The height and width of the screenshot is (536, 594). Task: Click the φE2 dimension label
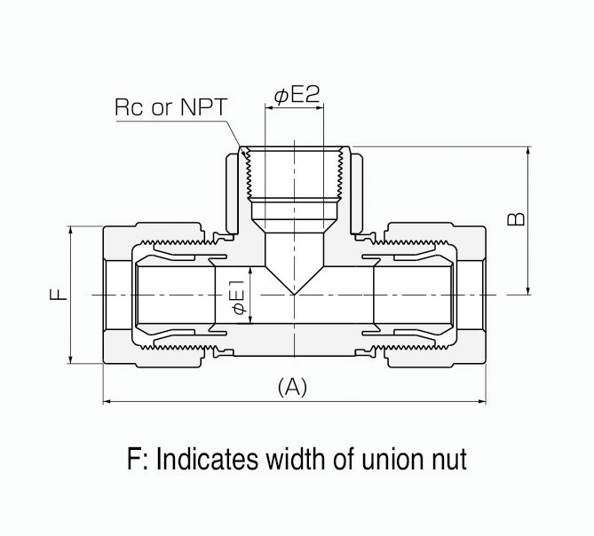pos(297,95)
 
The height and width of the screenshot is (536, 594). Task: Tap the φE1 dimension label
pos(239,297)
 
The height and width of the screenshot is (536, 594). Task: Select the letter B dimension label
pos(516,219)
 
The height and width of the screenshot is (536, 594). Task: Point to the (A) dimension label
pos(292,387)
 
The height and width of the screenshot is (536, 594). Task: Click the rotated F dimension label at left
pos(59,294)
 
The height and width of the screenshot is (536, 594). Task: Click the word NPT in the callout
pos(204,107)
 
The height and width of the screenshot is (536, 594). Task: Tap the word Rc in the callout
pos(129,107)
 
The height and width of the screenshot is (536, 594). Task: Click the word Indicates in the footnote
pos(207,459)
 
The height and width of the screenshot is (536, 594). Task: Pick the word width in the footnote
pos(296,459)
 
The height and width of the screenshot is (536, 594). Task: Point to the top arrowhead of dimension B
pos(528,149)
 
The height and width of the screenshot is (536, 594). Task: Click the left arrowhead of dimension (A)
pos(107,401)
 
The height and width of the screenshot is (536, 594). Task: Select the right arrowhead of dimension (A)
pos(482,401)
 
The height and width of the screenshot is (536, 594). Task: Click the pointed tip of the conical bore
pos(295,295)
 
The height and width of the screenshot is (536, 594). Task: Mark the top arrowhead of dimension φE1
pos(250,271)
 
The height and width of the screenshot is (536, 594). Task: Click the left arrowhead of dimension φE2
pos(269,108)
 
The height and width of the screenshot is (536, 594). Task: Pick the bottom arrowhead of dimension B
pos(528,292)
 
